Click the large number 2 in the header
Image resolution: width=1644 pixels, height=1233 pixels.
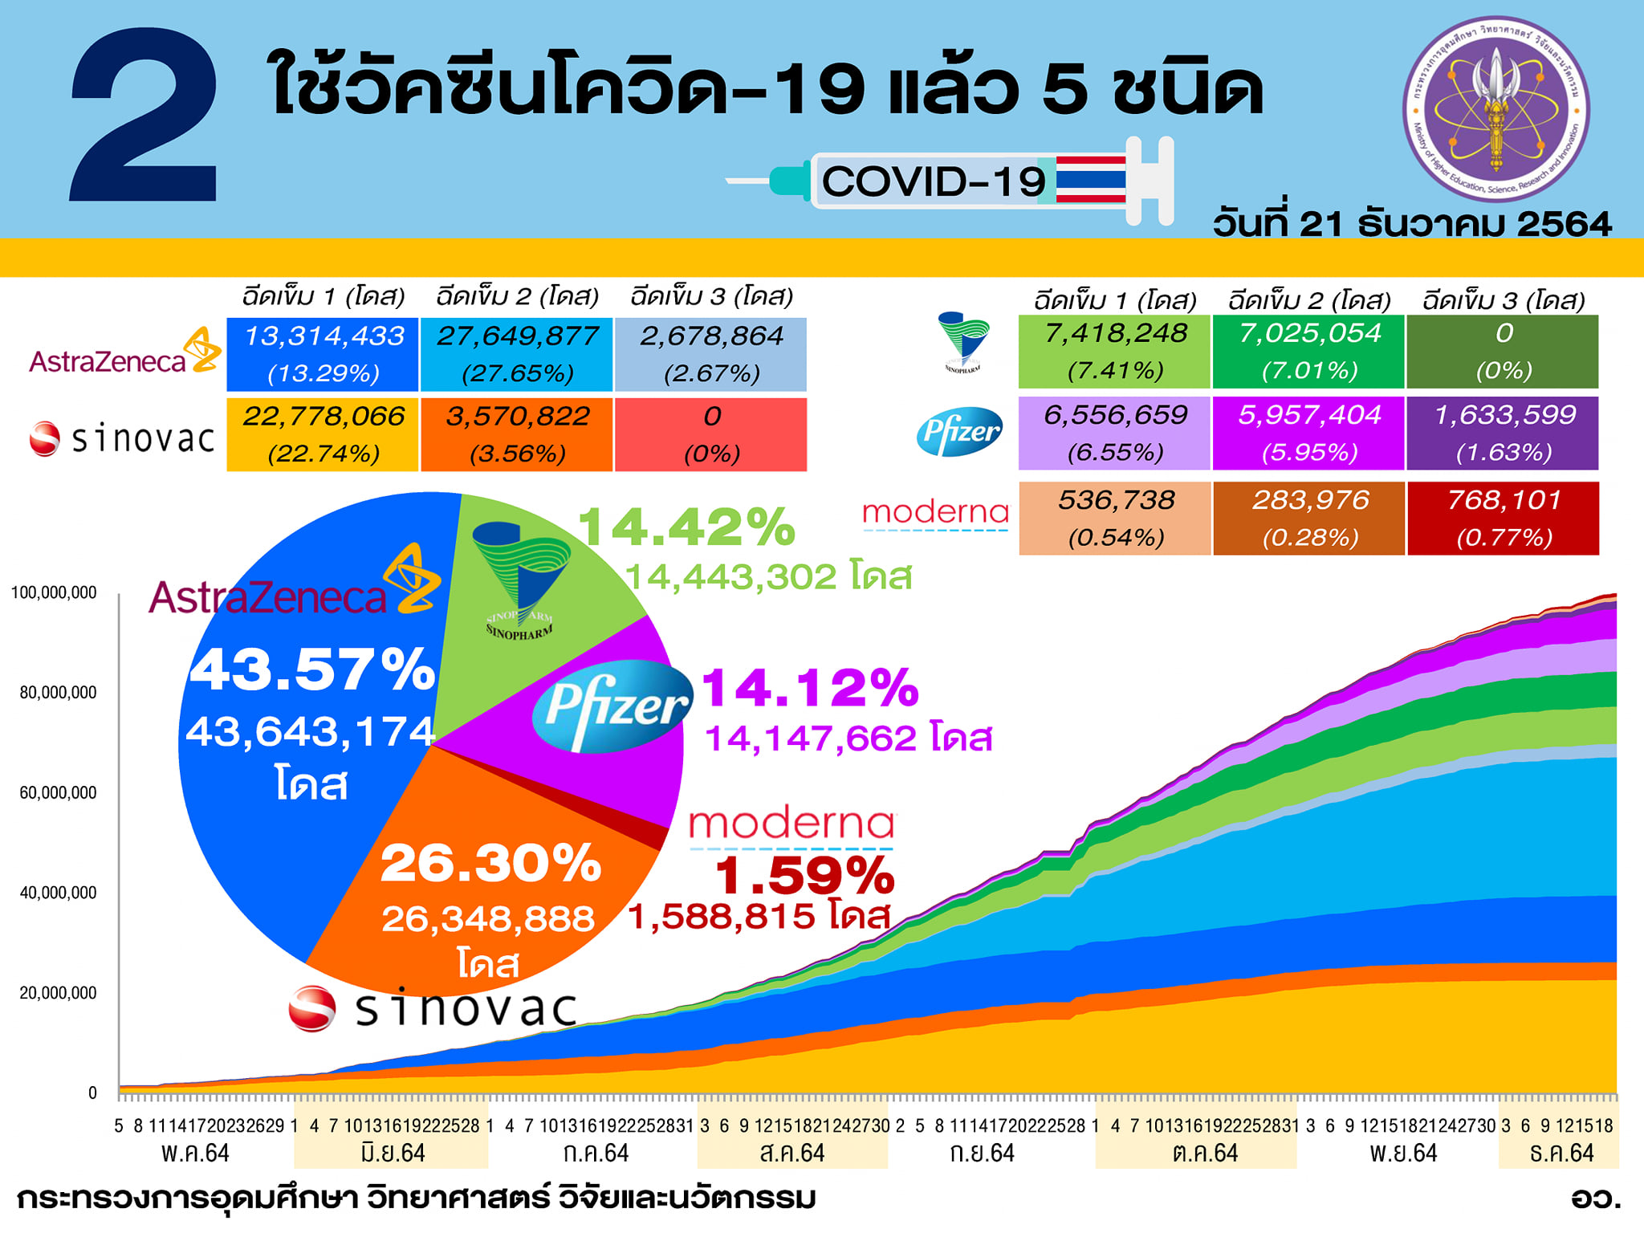[144, 116]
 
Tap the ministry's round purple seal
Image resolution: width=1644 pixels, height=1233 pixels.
[1495, 108]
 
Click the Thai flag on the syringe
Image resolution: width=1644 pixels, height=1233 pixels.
[1090, 179]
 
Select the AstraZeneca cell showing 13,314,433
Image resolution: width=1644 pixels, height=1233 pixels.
[323, 354]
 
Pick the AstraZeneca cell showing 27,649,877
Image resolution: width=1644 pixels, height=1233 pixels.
[517, 354]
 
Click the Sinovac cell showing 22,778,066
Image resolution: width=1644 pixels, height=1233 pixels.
[323, 434]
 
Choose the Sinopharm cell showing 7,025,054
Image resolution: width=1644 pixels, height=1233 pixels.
[1308, 352]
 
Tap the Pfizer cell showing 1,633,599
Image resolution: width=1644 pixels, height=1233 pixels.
[1504, 433]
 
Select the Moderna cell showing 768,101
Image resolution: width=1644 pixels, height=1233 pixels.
[1504, 518]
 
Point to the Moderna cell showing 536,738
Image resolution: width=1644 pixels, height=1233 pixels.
[1115, 518]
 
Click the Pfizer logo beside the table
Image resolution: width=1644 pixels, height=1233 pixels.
[959, 432]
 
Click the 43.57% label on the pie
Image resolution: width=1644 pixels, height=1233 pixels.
[312, 669]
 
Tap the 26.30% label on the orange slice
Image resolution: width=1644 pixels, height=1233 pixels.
[490, 863]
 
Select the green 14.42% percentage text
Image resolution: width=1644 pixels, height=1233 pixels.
[686, 527]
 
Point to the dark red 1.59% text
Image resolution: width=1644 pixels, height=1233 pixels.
[804, 875]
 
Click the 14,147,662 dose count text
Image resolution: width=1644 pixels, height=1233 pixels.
[848, 738]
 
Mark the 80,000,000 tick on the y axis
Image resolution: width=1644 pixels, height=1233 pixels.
[58, 693]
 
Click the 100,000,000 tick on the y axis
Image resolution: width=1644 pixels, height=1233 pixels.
[54, 593]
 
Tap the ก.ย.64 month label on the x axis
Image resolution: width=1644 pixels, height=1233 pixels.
[982, 1154]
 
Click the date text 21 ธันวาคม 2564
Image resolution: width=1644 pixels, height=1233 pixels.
[1413, 223]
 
